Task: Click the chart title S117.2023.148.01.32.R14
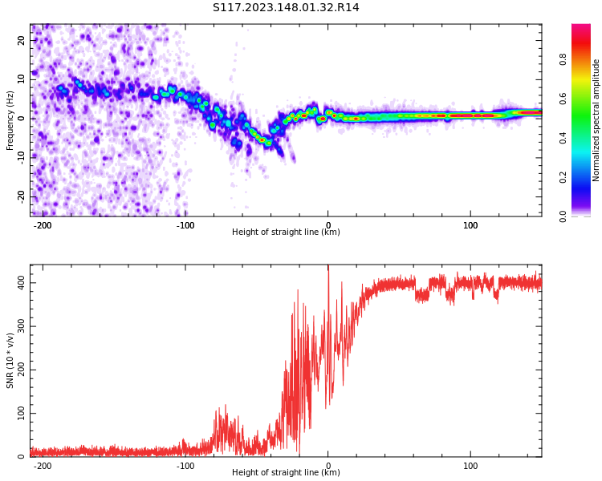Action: click(x=286, y=7)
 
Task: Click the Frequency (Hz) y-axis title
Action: click(x=10, y=120)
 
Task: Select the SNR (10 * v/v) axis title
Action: click(x=10, y=361)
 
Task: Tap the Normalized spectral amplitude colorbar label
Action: click(x=596, y=120)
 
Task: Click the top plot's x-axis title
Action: click(x=286, y=232)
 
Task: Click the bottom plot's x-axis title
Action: click(x=286, y=473)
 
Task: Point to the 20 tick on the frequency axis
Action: click(x=22, y=40)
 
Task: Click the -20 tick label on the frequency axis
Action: click(x=20, y=196)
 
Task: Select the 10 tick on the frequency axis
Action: click(x=22, y=79)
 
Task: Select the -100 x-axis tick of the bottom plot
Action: click(x=185, y=466)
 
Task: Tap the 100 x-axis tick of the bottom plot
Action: click(x=470, y=466)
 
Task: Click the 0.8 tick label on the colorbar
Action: click(x=563, y=59)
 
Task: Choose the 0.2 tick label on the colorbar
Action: click(x=563, y=177)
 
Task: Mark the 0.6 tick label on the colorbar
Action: click(x=563, y=99)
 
